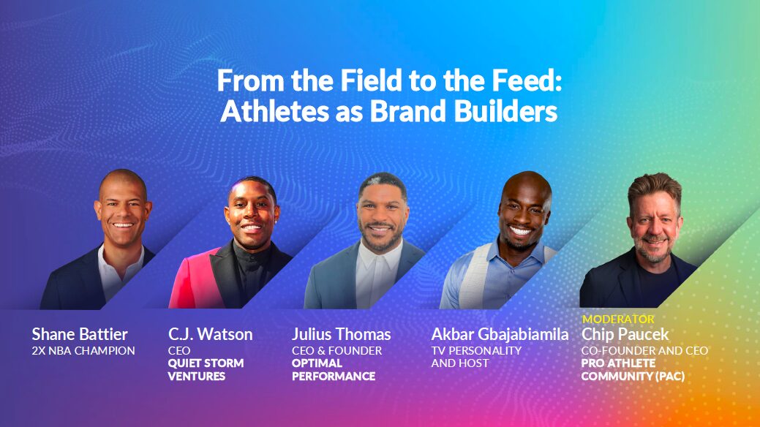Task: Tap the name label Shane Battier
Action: click(x=80, y=334)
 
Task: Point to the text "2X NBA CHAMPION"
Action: click(x=83, y=351)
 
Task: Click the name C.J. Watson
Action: click(x=211, y=334)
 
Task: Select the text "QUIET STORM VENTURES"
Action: click(x=206, y=370)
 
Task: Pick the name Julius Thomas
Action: click(x=341, y=334)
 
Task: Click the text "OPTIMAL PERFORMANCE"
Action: click(x=334, y=370)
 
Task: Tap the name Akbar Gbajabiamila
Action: click(x=500, y=334)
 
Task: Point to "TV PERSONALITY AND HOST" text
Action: click(x=476, y=357)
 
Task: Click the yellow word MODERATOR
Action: click(x=618, y=320)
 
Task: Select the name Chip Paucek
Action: click(x=625, y=334)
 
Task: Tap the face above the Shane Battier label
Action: click(x=123, y=208)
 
